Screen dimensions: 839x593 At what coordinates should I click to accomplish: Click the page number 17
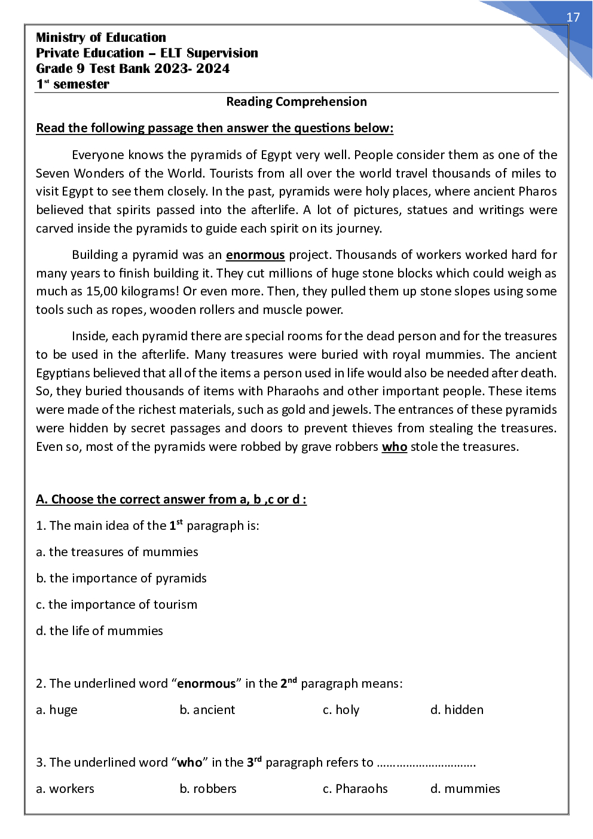573,17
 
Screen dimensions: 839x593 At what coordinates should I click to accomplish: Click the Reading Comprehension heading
296,102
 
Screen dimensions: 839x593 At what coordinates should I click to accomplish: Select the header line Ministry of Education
101,38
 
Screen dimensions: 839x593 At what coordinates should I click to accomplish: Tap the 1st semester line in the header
72,84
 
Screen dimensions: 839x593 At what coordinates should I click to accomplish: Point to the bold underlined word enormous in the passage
255,255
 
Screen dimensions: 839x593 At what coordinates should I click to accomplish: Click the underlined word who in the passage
395,447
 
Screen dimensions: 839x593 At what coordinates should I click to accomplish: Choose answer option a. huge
57,710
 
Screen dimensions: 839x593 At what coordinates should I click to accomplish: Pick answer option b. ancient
207,710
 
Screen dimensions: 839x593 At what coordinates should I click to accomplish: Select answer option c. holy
341,710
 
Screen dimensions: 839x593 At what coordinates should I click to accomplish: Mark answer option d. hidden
457,710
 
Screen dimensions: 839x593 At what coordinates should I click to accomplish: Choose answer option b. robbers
208,789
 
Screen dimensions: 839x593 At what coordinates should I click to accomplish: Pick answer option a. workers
65,789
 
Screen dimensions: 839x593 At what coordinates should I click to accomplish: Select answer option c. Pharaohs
355,789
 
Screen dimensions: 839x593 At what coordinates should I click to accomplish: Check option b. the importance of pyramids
121,578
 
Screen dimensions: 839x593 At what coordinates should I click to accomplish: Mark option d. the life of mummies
99,631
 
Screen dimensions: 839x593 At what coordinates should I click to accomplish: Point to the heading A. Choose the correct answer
172,499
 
